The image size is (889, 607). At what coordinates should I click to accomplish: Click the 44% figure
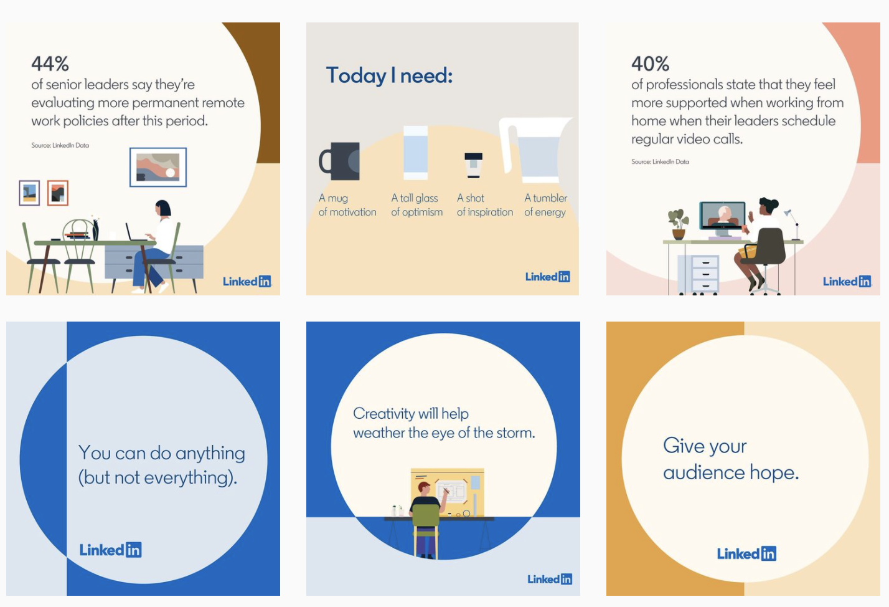(50, 64)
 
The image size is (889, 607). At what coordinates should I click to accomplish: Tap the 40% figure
(650, 64)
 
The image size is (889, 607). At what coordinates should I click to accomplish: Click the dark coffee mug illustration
(340, 161)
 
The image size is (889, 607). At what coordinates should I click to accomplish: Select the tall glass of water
(415, 153)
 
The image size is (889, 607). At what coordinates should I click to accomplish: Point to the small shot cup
(474, 165)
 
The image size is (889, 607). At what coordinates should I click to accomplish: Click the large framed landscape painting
(158, 167)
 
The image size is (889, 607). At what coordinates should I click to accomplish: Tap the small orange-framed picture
(58, 193)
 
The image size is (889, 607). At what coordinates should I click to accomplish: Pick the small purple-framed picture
(29, 193)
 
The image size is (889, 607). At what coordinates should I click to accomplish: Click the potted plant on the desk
(678, 224)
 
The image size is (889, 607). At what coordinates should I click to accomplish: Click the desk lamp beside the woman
(793, 225)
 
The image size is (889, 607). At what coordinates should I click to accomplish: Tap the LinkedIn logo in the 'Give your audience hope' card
(746, 553)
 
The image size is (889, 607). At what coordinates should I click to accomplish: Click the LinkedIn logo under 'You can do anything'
(110, 550)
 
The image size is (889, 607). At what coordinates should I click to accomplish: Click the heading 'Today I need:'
(389, 75)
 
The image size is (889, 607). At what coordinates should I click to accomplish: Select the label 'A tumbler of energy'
(546, 205)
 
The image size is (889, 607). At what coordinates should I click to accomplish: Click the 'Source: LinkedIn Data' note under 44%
(60, 145)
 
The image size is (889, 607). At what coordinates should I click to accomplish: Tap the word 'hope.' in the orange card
(774, 473)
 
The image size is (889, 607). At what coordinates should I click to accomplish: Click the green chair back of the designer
(426, 515)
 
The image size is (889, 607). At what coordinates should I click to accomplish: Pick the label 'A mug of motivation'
(347, 205)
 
